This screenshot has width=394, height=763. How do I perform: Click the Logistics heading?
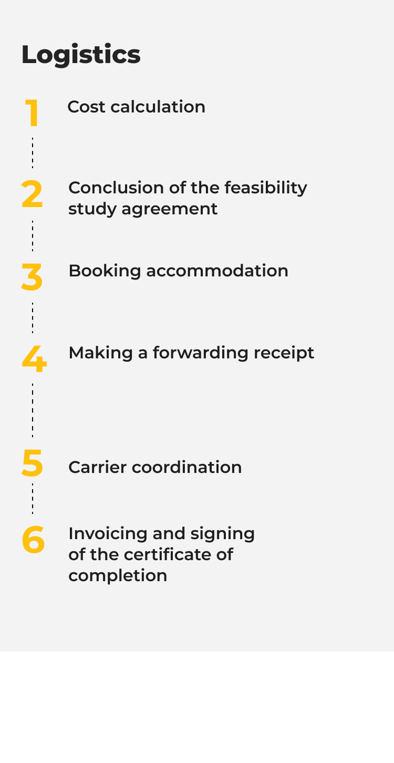click(81, 55)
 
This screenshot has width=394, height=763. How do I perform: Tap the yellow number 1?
click(32, 113)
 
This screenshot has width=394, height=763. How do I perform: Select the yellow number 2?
click(32, 194)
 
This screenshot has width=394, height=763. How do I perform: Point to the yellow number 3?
click(32, 277)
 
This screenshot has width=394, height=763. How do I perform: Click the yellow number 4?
click(34, 359)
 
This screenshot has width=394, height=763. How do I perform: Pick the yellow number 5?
click(32, 463)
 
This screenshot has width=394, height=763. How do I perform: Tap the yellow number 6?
click(33, 540)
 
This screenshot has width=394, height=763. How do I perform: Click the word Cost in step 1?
click(87, 107)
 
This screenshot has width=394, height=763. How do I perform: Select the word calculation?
click(158, 107)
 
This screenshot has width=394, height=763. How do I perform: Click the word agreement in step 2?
click(169, 209)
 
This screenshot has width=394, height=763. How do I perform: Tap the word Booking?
click(105, 271)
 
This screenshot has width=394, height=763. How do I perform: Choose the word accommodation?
click(217, 271)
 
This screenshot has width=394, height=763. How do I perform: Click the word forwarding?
click(200, 353)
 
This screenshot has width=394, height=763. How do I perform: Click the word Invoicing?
click(108, 534)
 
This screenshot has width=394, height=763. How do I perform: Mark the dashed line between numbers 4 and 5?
click(33, 410)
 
